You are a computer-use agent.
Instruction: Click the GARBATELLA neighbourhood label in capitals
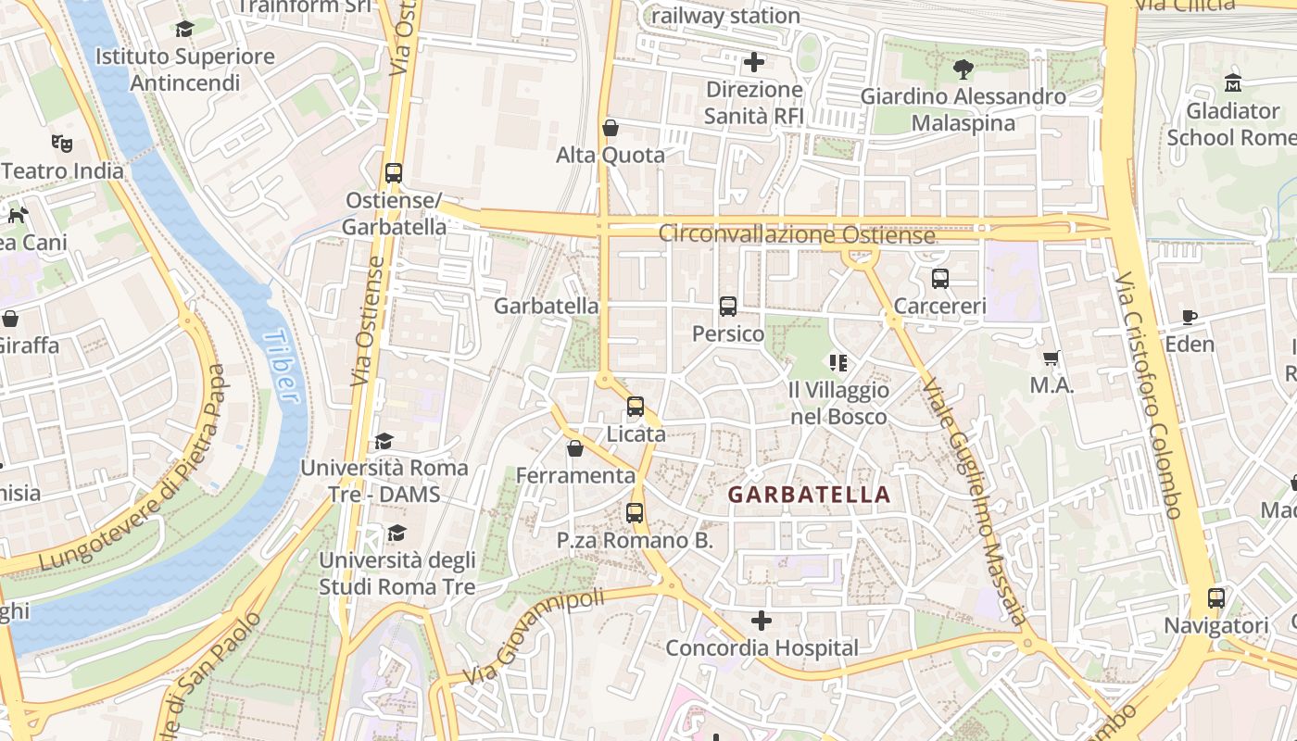(x=809, y=495)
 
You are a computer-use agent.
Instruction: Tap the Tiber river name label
(x=281, y=367)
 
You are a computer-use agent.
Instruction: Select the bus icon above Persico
(x=728, y=307)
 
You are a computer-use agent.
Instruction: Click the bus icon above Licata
(x=636, y=407)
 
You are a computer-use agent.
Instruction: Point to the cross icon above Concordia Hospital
(x=761, y=621)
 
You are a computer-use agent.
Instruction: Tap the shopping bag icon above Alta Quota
(x=611, y=128)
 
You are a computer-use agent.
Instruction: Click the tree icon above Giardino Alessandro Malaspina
(x=963, y=69)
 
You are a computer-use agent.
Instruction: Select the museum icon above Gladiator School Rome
(x=1232, y=83)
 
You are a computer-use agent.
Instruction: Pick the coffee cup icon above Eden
(x=1190, y=317)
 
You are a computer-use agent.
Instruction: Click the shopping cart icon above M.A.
(x=1051, y=358)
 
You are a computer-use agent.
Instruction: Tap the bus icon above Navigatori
(x=1216, y=598)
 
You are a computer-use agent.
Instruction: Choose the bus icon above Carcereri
(x=940, y=279)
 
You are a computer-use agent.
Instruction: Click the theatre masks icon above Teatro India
(x=62, y=144)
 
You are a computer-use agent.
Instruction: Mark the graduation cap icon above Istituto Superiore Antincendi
(x=184, y=29)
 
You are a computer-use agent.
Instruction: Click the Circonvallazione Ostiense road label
(x=797, y=234)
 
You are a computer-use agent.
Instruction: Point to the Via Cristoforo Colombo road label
(x=1149, y=394)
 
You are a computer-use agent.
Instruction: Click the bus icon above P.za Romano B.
(x=635, y=512)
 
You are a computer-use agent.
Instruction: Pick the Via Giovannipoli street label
(x=535, y=637)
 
